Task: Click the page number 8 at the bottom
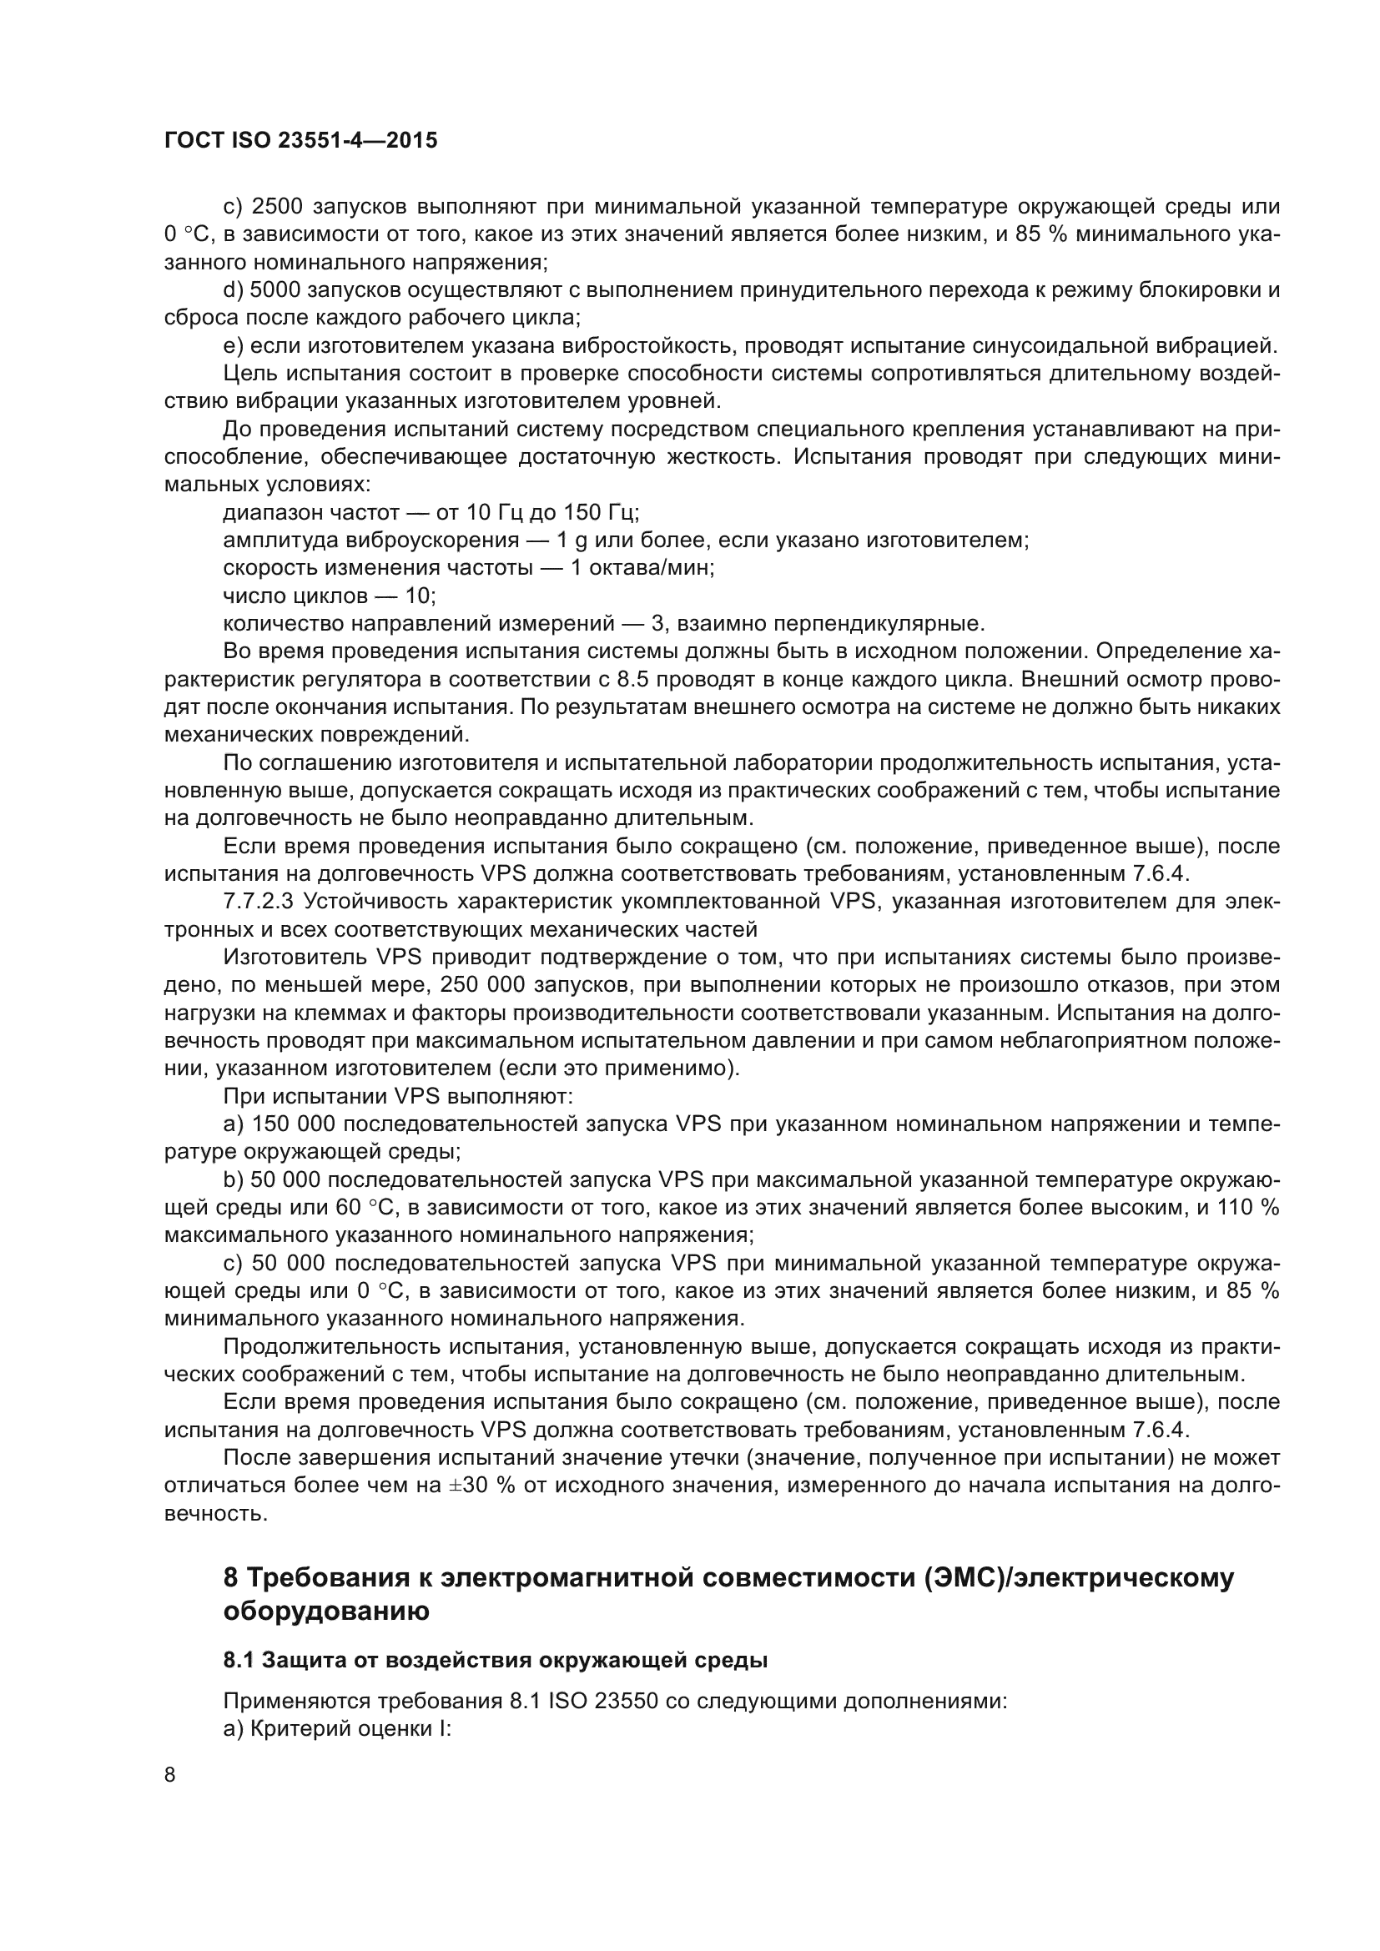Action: (170, 1775)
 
